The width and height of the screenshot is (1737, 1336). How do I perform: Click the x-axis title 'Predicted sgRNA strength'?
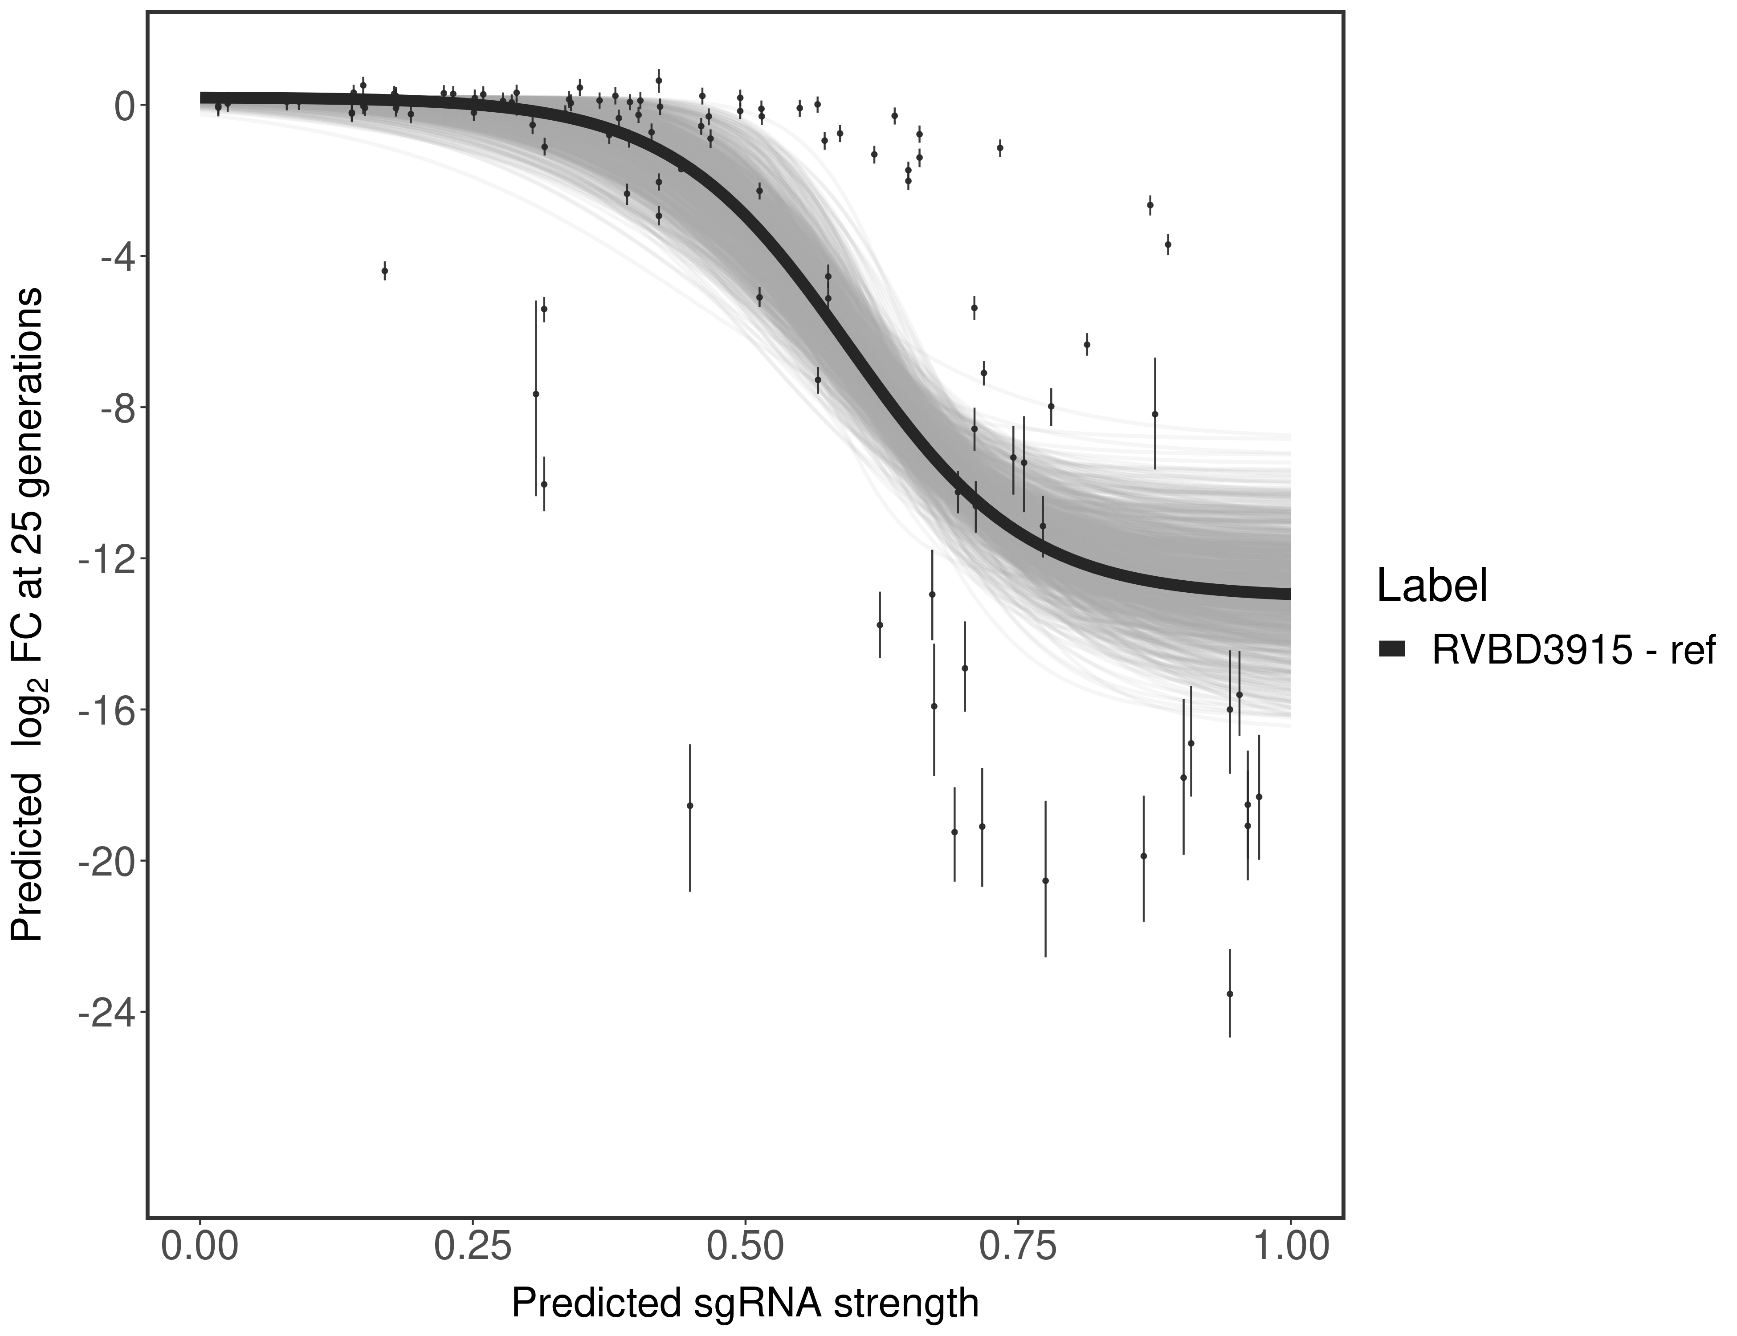pyautogui.click(x=745, y=1304)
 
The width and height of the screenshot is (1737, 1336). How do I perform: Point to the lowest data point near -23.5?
pyautogui.click(x=1230, y=993)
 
